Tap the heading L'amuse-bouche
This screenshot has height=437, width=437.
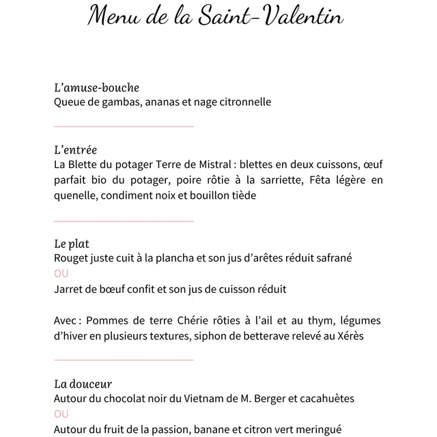(96, 87)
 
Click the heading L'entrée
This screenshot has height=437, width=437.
(75, 150)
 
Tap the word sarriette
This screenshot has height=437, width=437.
(280, 180)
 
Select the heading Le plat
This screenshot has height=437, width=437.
(72, 244)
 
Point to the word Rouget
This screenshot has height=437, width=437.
(72, 258)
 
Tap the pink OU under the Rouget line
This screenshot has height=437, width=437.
(61, 273)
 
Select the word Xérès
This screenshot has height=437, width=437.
(348, 336)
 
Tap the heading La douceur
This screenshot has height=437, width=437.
(83, 384)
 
